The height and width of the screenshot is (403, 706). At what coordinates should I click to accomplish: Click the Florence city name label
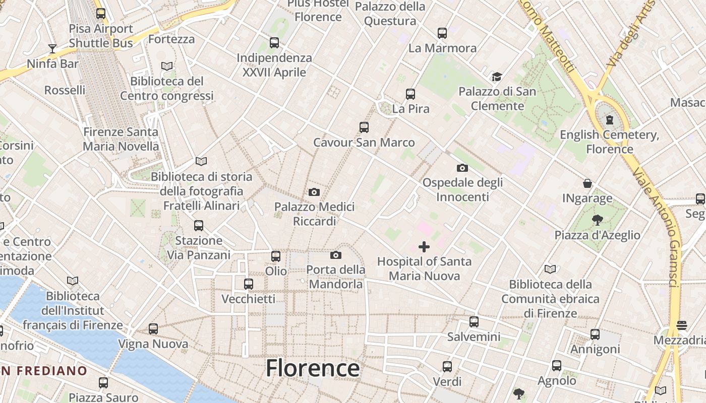point(313,368)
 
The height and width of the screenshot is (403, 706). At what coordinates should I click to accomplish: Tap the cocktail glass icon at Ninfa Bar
point(52,49)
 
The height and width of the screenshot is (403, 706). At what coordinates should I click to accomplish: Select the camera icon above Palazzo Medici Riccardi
point(314,192)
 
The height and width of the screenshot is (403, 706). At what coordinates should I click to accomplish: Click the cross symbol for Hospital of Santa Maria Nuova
point(424,247)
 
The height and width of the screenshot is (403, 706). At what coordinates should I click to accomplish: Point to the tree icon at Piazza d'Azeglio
point(598,220)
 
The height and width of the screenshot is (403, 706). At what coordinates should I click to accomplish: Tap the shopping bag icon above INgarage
point(587,183)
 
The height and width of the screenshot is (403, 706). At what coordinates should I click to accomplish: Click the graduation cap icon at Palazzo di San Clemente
point(497,77)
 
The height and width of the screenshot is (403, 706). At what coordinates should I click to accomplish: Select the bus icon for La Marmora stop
point(442,33)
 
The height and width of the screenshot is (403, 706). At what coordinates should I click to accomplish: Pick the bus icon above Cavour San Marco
point(364,127)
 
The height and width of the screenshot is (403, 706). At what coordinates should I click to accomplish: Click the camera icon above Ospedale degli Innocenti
point(462,168)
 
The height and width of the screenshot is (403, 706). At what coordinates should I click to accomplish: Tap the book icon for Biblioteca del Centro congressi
point(167,66)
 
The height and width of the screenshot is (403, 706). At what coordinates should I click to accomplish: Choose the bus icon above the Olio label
point(276,256)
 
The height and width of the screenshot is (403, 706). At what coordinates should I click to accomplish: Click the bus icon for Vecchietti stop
point(249,284)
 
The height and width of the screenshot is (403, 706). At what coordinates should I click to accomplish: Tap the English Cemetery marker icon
point(610,120)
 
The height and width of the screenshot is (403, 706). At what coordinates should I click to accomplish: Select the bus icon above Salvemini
point(474,322)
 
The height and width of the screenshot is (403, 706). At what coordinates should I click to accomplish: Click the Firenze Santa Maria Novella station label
point(121,139)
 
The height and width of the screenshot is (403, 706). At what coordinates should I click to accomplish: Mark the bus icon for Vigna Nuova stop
point(153,329)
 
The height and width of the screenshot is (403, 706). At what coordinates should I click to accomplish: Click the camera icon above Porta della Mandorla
point(336,255)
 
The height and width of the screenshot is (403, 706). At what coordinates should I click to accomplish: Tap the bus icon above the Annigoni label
point(595,334)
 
